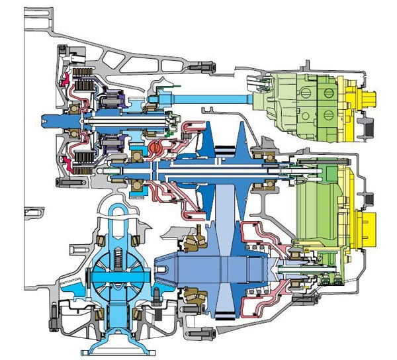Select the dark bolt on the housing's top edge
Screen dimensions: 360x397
click(x=201, y=65)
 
